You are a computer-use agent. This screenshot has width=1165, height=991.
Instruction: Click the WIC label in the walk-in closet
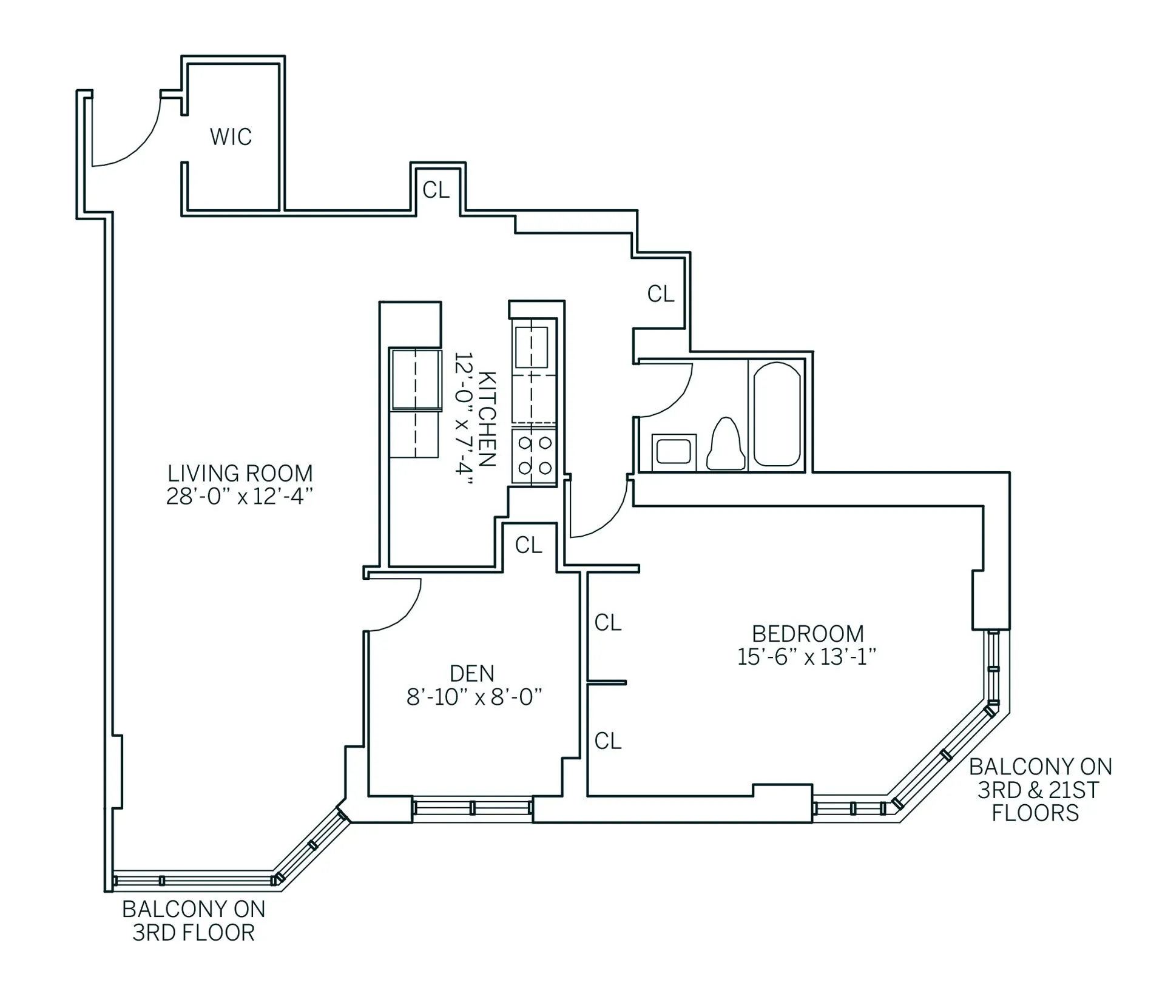point(231,137)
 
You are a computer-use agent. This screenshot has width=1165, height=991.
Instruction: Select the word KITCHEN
point(487,419)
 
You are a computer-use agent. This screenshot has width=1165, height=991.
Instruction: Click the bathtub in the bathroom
point(777,414)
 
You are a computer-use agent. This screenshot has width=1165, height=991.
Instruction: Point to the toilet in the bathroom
point(726,445)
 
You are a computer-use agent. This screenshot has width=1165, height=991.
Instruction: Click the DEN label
point(472,673)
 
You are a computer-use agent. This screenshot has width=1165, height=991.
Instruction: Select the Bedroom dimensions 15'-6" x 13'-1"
point(806,657)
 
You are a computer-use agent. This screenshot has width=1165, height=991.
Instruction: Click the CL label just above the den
point(528,546)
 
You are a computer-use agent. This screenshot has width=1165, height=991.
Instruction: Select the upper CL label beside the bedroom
point(608,623)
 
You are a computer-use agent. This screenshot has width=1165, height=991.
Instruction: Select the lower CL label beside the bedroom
point(608,741)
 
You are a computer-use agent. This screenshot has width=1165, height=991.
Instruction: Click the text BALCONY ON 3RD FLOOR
point(194,921)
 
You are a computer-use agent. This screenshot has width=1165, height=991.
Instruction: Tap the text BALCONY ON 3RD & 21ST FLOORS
point(1039,790)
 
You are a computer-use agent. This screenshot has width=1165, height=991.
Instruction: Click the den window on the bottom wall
point(472,808)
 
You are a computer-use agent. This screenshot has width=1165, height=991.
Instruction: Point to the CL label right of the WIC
point(436,190)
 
